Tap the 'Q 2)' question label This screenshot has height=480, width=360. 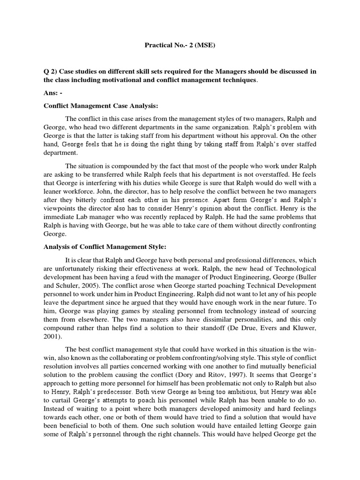tap(49, 71)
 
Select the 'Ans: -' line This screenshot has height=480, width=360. tap(50, 93)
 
